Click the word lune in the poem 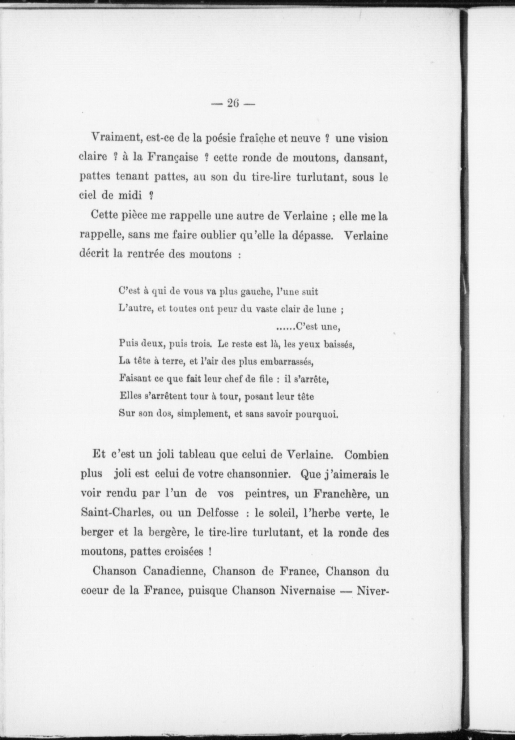(x=326, y=309)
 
